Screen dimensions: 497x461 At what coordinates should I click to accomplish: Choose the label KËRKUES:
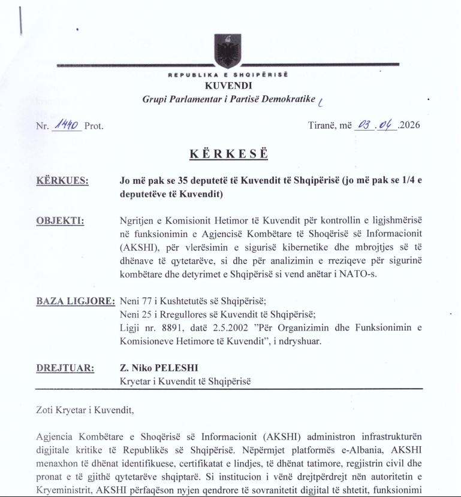(63, 181)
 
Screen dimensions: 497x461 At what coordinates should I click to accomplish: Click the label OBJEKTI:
(61, 220)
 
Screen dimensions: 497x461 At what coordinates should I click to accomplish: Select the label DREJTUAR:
(65, 368)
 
